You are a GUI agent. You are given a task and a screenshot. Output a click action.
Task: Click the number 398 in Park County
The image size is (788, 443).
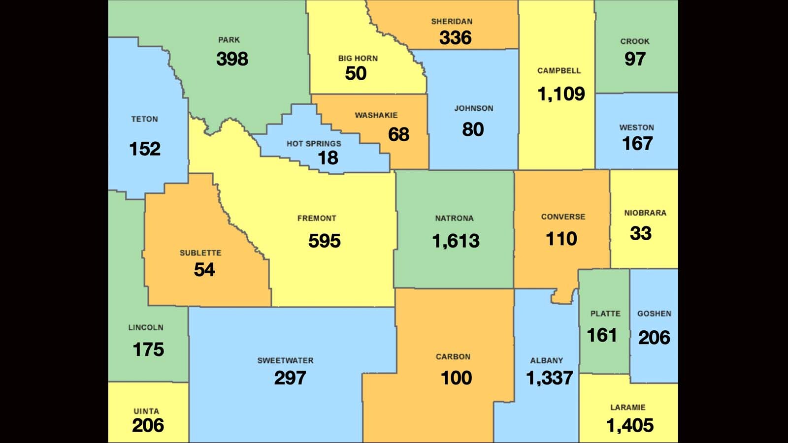click(x=232, y=59)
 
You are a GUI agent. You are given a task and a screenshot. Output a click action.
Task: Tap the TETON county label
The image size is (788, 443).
click(x=144, y=119)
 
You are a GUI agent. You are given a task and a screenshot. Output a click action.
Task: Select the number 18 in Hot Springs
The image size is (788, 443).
click(x=328, y=158)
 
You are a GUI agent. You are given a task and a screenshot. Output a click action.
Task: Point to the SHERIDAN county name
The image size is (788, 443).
click(x=452, y=22)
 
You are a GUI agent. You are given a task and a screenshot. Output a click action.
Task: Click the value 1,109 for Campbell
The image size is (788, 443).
click(x=561, y=94)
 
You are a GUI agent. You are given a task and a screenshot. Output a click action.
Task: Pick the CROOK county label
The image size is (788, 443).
click(x=635, y=42)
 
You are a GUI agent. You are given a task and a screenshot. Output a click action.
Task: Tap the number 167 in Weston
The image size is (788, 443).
click(x=637, y=144)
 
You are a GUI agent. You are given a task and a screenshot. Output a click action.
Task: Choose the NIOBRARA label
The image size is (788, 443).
click(x=645, y=213)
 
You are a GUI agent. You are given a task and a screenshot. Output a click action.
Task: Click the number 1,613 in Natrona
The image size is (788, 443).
click(x=456, y=241)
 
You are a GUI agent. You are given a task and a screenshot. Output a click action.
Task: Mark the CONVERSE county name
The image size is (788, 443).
click(x=563, y=217)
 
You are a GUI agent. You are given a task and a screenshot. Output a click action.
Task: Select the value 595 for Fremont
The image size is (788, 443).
click(x=324, y=241)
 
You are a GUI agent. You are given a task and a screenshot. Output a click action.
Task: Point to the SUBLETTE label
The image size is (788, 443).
click(x=200, y=253)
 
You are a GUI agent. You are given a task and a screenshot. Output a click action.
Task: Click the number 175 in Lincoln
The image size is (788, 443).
click(x=148, y=349)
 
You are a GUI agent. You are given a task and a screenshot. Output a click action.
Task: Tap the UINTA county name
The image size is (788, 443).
click(x=146, y=411)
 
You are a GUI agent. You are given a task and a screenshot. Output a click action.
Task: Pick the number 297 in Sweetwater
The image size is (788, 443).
click(x=290, y=378)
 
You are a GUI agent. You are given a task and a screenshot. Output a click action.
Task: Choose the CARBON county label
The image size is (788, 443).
click(x=453, y=357)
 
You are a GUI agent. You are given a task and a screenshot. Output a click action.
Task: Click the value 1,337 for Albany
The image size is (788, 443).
click(x=549, y=378)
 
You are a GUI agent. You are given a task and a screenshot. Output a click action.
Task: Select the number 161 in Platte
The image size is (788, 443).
click(x=602, y=335)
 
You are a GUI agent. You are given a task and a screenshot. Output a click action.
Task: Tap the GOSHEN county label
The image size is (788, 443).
click(x=654, y=314)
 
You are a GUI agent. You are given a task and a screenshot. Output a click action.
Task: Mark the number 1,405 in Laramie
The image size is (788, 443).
click(x=629, y=425)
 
